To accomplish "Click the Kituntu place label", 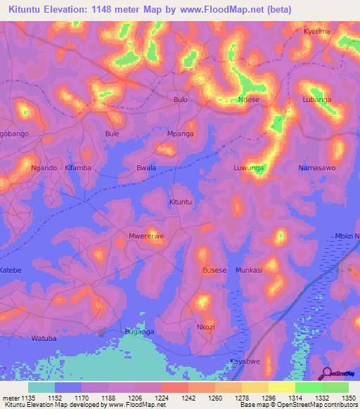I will click(x=181, y=202).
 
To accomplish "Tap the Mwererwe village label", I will click(x=146, y=236).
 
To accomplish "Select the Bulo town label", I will click(x=181, y=100).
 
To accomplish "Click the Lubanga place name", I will click(x=316, y=100).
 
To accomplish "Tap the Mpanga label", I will click(x=181, y=134).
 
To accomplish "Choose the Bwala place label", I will click(x=146, y=168).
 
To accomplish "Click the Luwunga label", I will click(x=249, y=168).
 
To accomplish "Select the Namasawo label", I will click(x=316, y=168).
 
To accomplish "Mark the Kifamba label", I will click(x=78, y=168).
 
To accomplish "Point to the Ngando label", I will click(x=44, y=168).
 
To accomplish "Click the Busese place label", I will click(x=214, y=270).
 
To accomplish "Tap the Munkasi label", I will click(x=249, y=270).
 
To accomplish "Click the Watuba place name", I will click(x=44, y=338).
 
